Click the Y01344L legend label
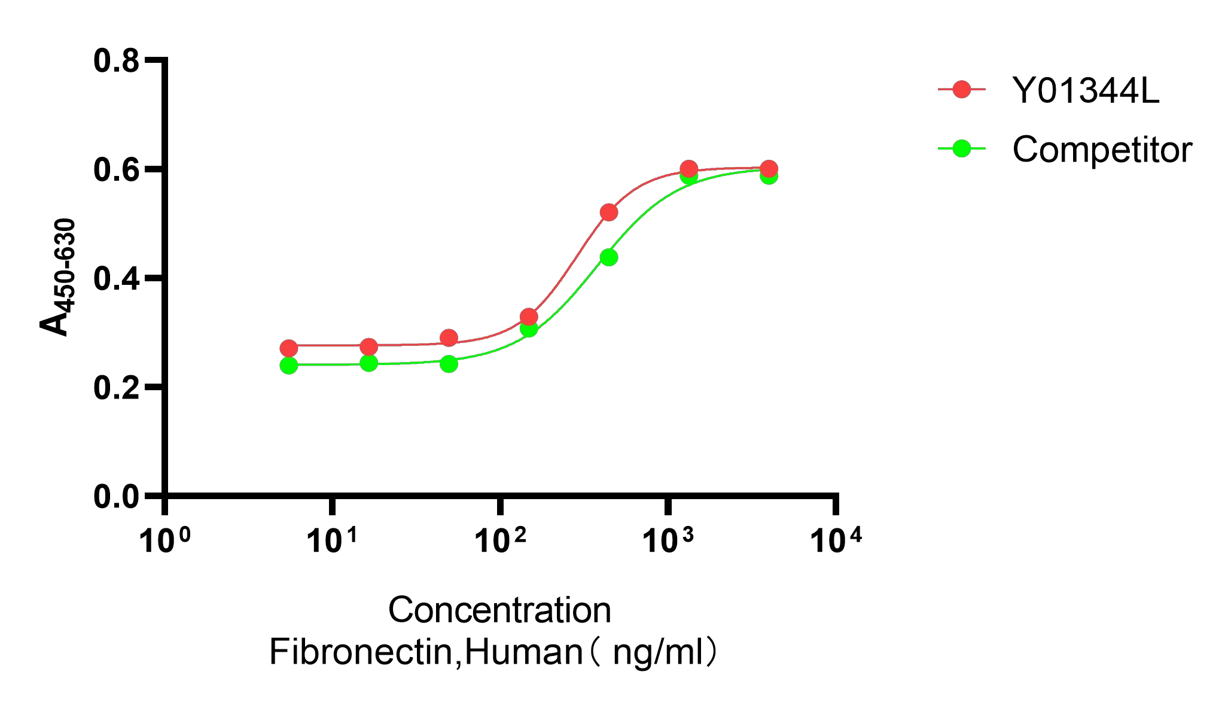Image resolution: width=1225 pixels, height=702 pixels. pyautogui.click(x=1085, y=90)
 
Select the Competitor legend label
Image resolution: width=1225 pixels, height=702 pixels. pyautogui.click(x=1102, y=149)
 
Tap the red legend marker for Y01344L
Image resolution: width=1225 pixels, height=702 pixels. pyautogui.click(x=962, y=90)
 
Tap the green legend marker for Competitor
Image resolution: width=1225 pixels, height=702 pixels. pyautogui.click(x=962, y=148)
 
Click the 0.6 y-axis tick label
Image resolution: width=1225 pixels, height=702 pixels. pyautogui.click(x=116, y=170)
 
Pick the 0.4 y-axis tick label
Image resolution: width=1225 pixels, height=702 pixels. pyautogui.click(x=116, y=279)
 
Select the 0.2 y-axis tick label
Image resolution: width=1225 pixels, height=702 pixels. pyautogui.click(x=116, y=388)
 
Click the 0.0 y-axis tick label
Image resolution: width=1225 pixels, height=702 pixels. pyautogui.click(x=116, y=497)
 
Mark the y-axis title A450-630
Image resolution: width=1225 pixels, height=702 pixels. pyautogui.click(x=58, y=276)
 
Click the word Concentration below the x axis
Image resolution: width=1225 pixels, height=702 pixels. pyautogui.click(x=499, y=610)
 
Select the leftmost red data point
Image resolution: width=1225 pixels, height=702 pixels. pyautogui.click(x=289, y=348)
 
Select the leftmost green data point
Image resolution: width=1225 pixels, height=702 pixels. pyautogui.click(x=289, y=365)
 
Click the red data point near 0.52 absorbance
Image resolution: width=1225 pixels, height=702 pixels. pyautogui.click(x=609, y=212)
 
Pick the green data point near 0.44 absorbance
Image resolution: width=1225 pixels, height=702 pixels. pyautogui.click(x=609, y=257)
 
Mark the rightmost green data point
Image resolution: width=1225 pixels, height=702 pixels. pyautogui.click(x=769, y=176)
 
